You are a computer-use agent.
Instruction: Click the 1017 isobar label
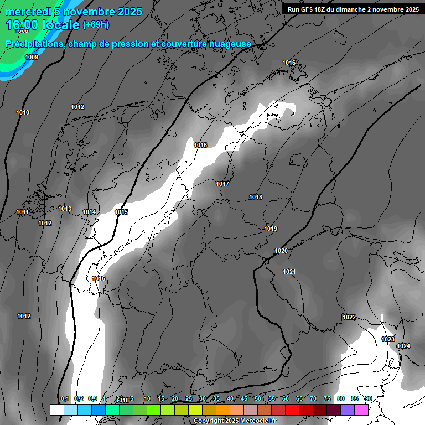pos(222,184)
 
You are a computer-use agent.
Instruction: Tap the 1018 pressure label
pos(256,197)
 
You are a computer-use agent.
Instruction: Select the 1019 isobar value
pos(271,229)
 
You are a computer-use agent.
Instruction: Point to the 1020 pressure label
pos(281,251)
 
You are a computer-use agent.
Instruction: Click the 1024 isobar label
pos(403,346)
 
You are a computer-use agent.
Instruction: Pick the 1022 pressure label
pos(349,317)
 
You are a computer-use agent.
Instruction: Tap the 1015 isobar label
pos(121,212)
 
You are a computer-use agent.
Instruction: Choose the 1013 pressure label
pos(65,209)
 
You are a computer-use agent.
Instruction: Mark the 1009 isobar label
pos(32,57)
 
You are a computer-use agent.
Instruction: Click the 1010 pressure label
pos(23,112)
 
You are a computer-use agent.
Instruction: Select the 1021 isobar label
pos(289,272)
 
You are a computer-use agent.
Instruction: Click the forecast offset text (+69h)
pos(96,25)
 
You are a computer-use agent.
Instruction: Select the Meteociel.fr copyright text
pos(234,421)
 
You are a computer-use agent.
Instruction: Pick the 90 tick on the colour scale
pos(368,398)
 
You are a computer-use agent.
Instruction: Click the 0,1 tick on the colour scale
pos(65,398)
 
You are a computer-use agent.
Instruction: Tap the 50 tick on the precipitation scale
pos(258,398)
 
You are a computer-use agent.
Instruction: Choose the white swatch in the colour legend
pos(56,410)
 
